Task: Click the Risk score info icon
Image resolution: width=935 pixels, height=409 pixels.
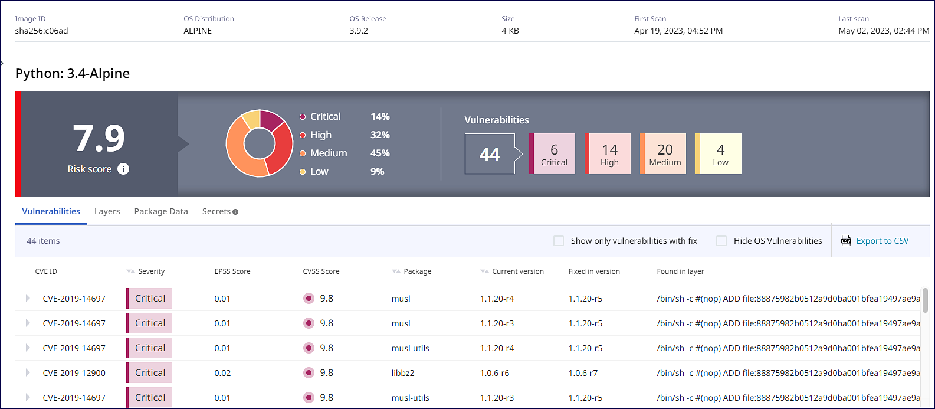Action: click(x=123, y=169)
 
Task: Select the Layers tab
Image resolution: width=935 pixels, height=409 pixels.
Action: click(x=107, y=211)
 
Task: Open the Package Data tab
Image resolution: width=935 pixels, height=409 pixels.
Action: click(x=161, y=211)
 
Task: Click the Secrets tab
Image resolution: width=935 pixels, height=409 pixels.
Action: click(x=216, y=211)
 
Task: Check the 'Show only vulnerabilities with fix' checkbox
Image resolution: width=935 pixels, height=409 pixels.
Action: click(x=559, y=241)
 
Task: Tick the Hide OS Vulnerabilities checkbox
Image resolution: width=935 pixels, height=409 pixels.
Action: click(x=721, y=241)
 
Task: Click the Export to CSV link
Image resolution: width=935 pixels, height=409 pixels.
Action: click(x=882, y=241)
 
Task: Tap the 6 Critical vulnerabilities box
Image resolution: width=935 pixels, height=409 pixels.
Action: click(x=553, y=154)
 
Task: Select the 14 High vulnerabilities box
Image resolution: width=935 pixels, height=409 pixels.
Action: click(x=609, y=154)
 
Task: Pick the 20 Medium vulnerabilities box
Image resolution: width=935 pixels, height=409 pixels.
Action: click(x=664, y=154)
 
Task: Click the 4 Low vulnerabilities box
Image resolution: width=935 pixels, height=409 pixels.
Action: click(x=720, y=154)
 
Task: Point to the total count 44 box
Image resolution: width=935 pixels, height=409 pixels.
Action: click(x=490, y=154)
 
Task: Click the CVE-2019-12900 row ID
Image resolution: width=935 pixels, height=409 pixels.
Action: click(x=74, y=373)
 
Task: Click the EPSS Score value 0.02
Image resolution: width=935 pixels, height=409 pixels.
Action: click(x=222, y=373)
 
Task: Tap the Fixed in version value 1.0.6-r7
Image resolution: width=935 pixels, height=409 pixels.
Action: click(x=583, y=373)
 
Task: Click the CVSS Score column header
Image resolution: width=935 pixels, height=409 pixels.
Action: click(x=321, y=271)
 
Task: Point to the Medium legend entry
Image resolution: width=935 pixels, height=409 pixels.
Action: click(x=329, y=153)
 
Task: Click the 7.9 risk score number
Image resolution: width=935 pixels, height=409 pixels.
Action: click(x=99, y=139)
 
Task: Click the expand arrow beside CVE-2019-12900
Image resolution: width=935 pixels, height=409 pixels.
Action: click(x=28, y=373)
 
